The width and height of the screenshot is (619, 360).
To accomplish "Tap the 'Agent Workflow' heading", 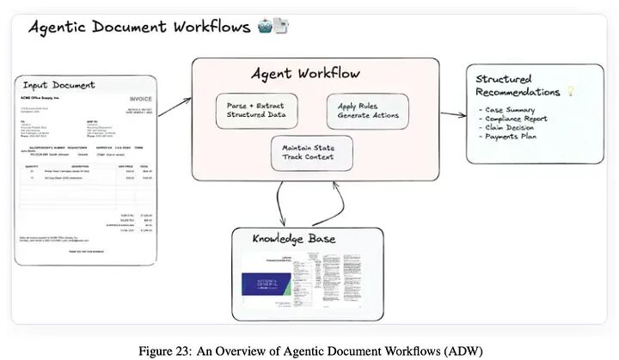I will (x=305, y=73).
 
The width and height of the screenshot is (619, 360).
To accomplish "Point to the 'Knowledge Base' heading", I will (x=293, y=238).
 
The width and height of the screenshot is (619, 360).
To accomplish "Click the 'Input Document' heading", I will (x=59, y=85).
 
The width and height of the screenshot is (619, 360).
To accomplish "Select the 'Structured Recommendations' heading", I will (x=516, y=85).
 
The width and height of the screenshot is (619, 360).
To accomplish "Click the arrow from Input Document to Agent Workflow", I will (x=175, y=106).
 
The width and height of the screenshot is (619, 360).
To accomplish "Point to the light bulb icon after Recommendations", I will (x=568, y=91).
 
